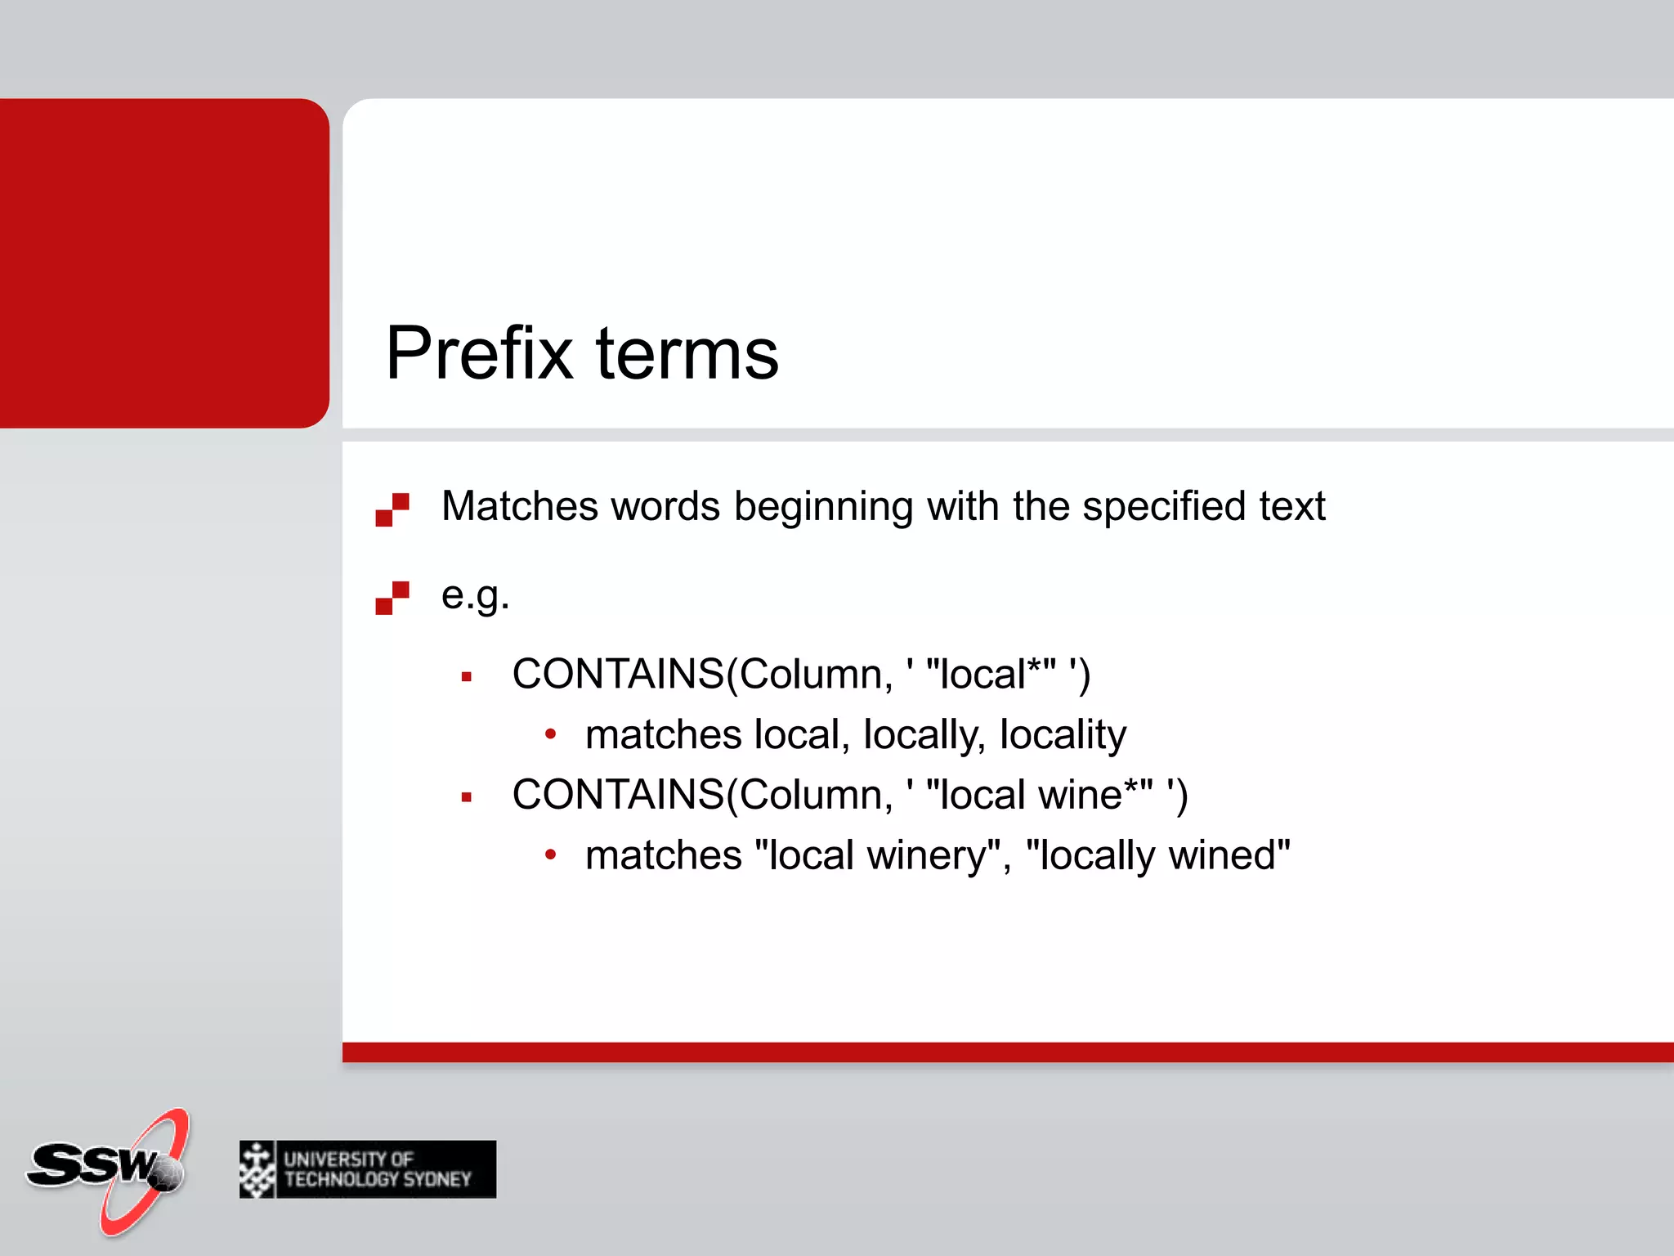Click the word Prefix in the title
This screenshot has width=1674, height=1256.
pyautogui.click(x=479, y=353)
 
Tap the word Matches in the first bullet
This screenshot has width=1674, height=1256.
pyautogui.click(x=520, y=506)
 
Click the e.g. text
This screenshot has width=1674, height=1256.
pyautogui.click(x=475, y=595)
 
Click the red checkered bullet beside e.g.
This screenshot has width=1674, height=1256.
pyautogui.click(x=392, y=598)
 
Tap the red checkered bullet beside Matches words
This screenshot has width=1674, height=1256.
pyautogui.click(x=392, y=509)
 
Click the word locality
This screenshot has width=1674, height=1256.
pyautogui.click(x=1063, y=735)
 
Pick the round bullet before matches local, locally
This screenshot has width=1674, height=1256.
pyautogui.click(x=551, y=735)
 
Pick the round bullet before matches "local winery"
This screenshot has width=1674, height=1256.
pyautogui.click(x=551, y=855)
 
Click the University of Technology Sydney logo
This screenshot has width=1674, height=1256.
pyautogui.click(x=368, y=1169)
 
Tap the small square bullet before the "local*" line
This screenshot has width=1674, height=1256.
pyautogui.click(x=467, y=677)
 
